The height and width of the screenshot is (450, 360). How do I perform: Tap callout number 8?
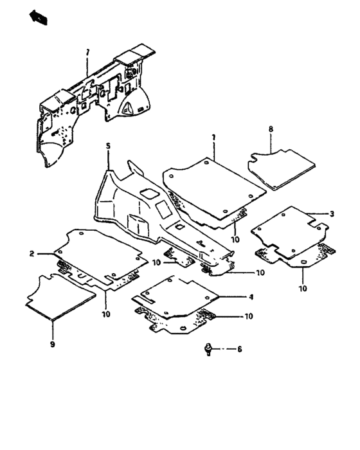tap(271, 129)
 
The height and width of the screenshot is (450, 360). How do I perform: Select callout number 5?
tap(108, 147)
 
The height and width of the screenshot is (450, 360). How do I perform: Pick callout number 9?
tap(53, 345)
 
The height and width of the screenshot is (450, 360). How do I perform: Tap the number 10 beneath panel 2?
tap(104, 314)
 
